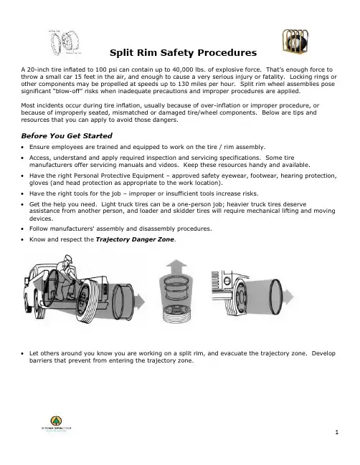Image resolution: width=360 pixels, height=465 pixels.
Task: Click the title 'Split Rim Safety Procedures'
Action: click(183, 53)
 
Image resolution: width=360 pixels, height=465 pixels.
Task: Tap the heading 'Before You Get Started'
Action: click(67, 136)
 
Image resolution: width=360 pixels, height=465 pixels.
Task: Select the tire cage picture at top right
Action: click(295, 41)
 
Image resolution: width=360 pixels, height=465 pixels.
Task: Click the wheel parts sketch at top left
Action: click(65, 42)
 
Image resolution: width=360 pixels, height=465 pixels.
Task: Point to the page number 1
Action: click(336, 432)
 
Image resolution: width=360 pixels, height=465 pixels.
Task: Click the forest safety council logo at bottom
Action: click(56, 423)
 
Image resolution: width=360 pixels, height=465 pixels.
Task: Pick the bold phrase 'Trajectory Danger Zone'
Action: click(135, 239)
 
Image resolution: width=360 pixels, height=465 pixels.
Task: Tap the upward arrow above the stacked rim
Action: click(176, 267)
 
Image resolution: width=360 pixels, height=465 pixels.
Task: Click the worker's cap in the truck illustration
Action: click(68, 258)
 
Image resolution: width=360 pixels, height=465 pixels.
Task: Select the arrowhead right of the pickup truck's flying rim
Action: click(140, 302)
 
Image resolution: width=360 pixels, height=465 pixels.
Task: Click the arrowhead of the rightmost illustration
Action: click(288, 297)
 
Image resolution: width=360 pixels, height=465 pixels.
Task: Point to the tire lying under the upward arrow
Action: click(177, 315)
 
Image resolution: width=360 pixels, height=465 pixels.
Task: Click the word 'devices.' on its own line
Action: click(42, 219)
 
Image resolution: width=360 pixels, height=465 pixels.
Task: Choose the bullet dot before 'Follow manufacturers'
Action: click(22, 229)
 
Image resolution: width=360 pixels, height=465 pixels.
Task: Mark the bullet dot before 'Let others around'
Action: click(22, 354)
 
